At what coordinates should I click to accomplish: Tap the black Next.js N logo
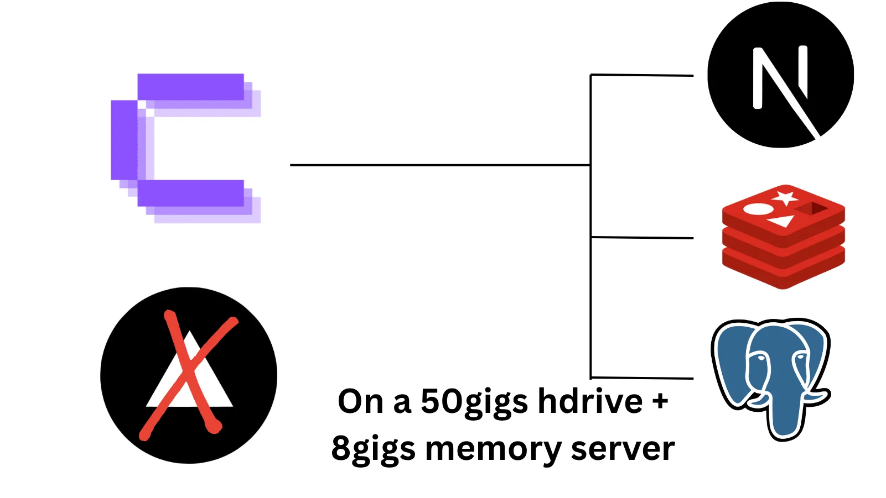click(x=780, y=75)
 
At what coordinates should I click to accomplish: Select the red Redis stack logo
click(x=783, y=237)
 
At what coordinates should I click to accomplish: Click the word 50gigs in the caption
click(x=474, y=402)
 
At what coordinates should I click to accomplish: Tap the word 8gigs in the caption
click(x=373, y=449)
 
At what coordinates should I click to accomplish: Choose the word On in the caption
click(x=360, y=401)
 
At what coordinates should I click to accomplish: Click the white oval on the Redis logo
click(x=758, y=209)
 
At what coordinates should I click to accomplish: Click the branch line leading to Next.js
click(x=642, y=75)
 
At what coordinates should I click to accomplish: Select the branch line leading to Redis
click(x=642, y=238)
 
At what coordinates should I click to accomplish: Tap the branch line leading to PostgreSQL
click(x=642, y=378)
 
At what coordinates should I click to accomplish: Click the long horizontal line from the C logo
click(x=440, y=165)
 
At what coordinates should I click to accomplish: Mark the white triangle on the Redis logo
click(x=782, y=222)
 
